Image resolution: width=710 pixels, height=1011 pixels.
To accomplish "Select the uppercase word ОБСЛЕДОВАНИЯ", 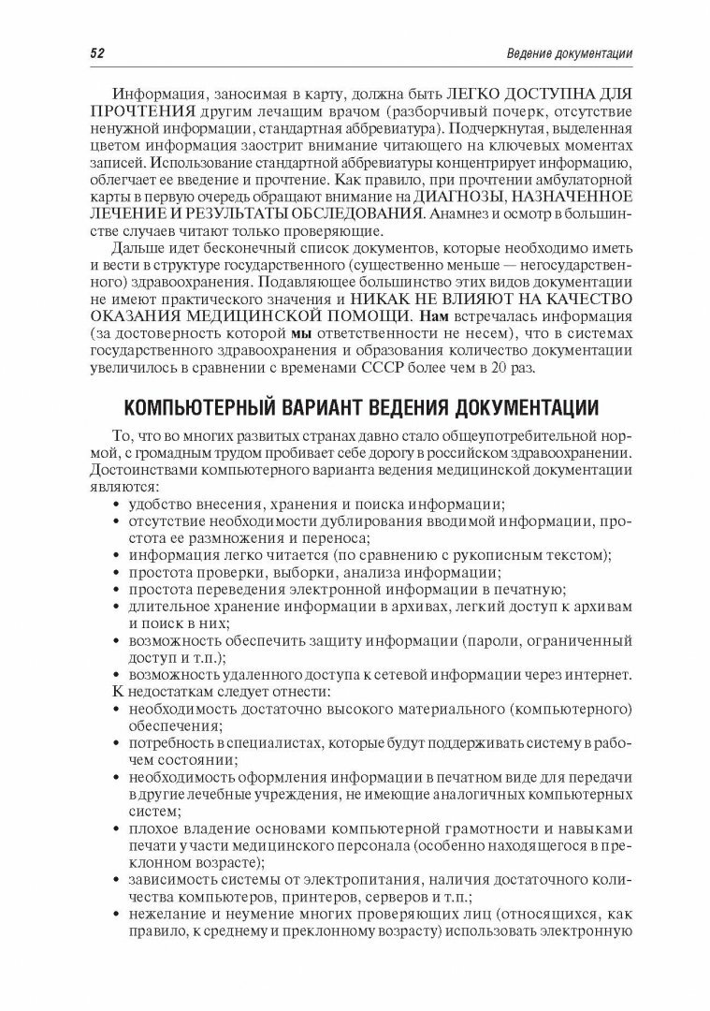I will pos(347,215).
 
